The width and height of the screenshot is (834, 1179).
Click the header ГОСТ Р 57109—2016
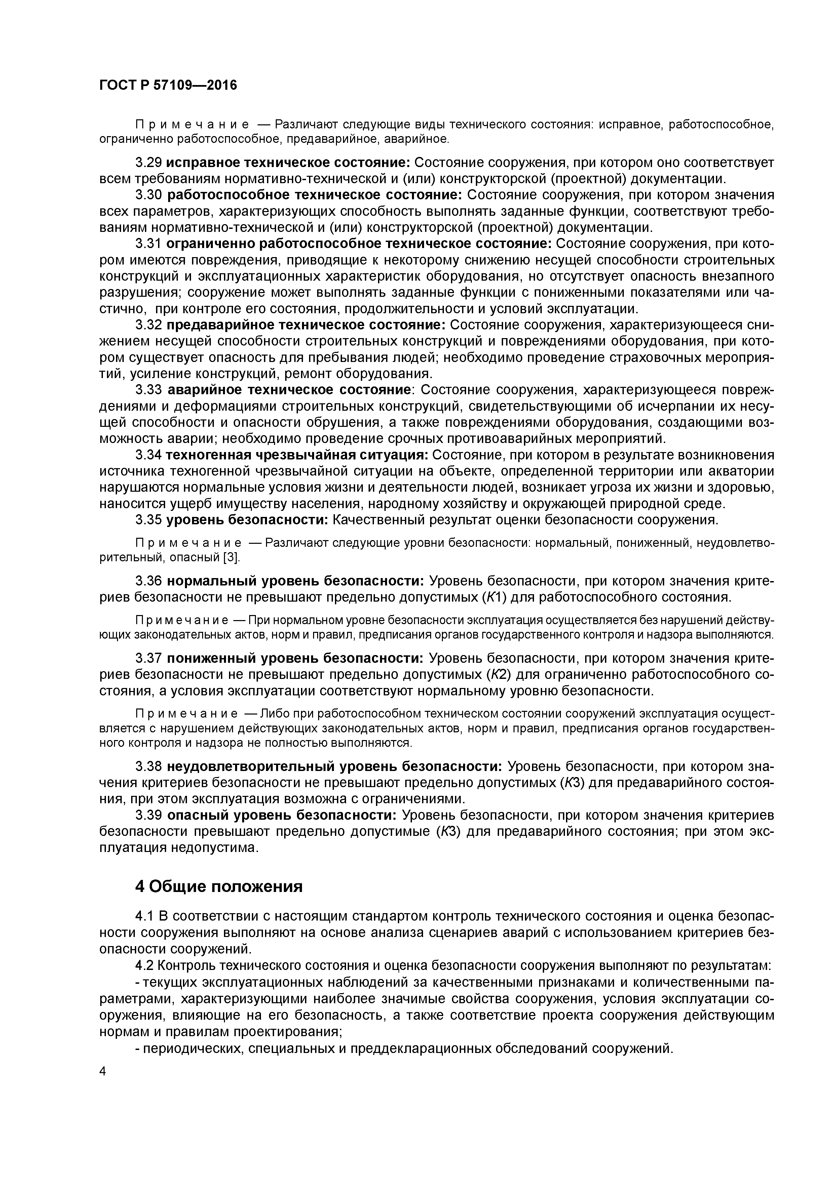click(168, 85)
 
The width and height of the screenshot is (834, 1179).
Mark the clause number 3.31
click(149, 243)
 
